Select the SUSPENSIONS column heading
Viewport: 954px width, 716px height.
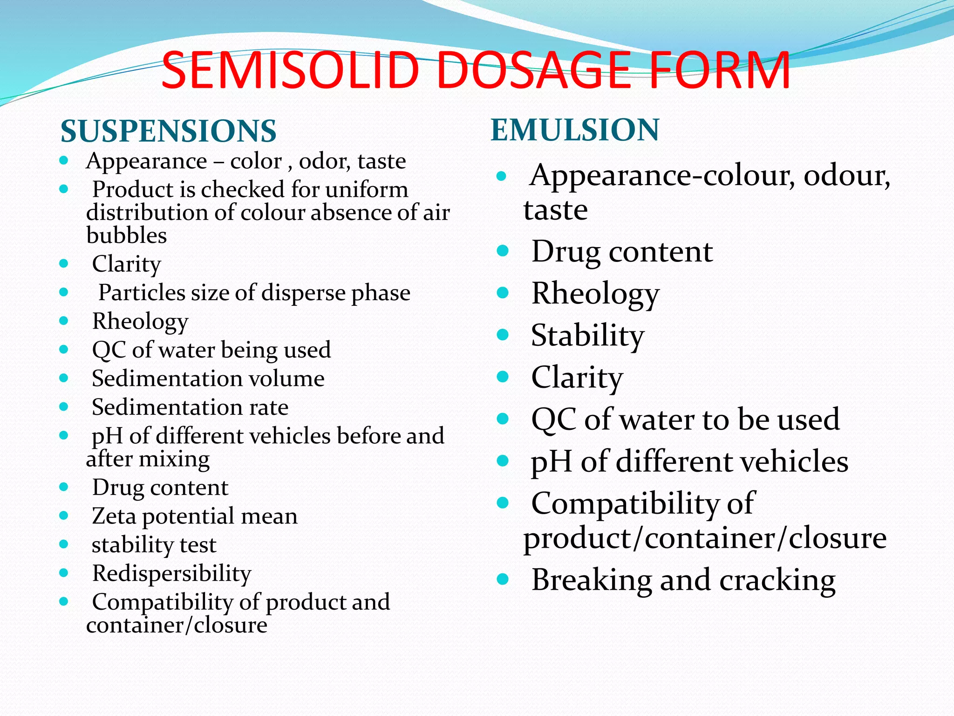(x=169, y=131)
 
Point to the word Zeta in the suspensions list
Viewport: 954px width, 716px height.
(x=114, y=516)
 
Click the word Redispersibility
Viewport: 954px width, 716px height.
(x=172, y=573)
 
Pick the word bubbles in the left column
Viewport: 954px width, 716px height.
(x=127, y=235)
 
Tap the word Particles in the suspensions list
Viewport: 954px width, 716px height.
(x=135, y=293)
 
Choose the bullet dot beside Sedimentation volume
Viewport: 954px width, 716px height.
(x=64, y=378)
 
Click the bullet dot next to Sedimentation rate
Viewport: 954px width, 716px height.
(x=64, y=407)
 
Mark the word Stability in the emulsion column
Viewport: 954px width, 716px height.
(x=588, y=335)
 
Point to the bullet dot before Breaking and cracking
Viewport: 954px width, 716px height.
(x=502, y=579)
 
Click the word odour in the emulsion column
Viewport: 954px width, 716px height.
(x=846, y=176)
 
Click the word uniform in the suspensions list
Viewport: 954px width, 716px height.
(x=373, y=190)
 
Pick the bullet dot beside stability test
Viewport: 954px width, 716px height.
(x=64, y=544)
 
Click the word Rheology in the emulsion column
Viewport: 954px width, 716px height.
(x=596, y=294)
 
